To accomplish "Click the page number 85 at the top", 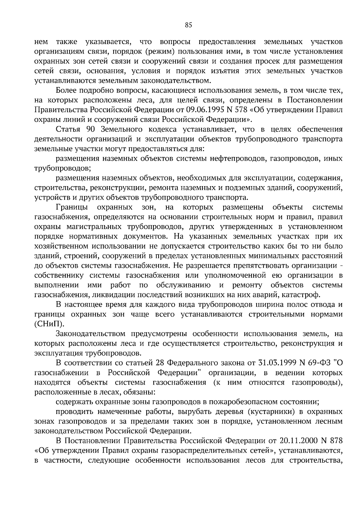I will coord(188,25).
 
